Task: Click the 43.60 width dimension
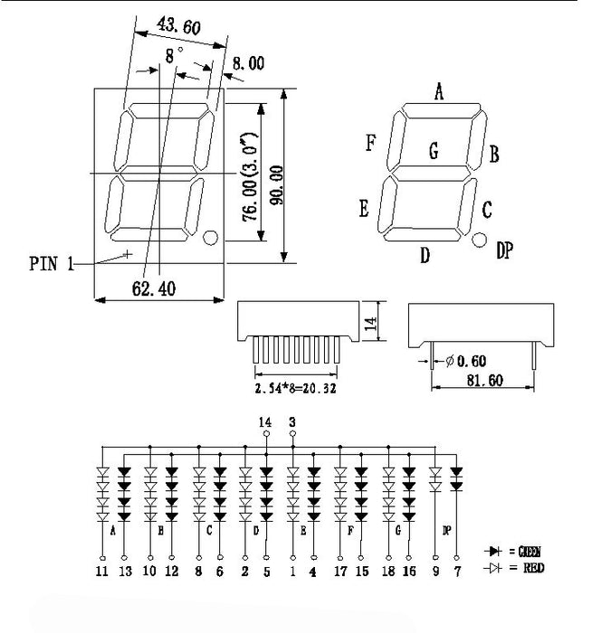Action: click(x=178, y=28)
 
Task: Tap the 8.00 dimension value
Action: click(x=248, y=63)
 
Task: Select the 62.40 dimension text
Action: click(x=153, y=288)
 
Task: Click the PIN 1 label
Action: click(x=51, y=264)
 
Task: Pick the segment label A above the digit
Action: click(x=439, y=90)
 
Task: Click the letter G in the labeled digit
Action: click(x=434, y=152)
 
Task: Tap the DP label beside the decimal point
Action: click(x=504, y=250)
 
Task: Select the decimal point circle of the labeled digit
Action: click(x=479, y=241)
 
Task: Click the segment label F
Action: click(x=370, y=143)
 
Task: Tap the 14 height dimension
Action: click(x=370, y=324)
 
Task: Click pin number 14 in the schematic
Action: click(x=265, y=421)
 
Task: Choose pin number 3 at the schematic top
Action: click(x=292, y=421)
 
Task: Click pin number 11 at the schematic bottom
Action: click(x=100, y=571)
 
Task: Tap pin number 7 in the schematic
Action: click(x=457, y=571)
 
